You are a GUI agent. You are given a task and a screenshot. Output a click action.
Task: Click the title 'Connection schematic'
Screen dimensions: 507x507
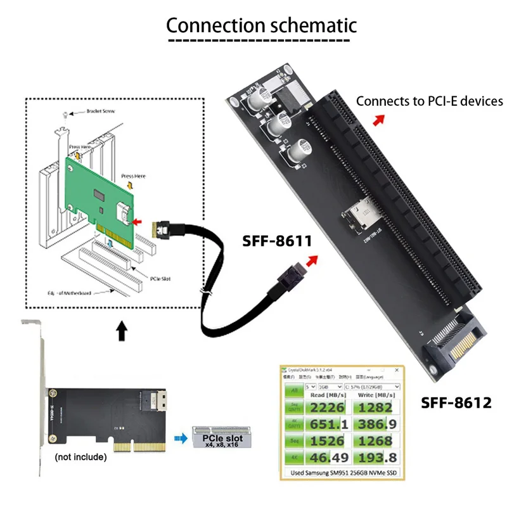[x=261, y=25]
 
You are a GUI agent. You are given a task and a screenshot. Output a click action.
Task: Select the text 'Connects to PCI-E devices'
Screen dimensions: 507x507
[x=429, y=101]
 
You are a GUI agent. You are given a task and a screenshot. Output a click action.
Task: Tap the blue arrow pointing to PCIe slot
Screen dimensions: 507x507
[x=181, y=437]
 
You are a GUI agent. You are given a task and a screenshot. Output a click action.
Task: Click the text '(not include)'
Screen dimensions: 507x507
[x=80, y=456]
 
